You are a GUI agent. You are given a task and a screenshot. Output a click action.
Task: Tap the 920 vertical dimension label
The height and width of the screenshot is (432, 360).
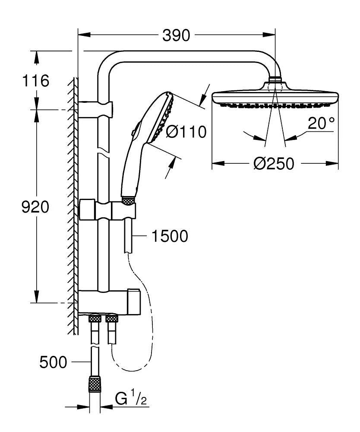coord(35,207)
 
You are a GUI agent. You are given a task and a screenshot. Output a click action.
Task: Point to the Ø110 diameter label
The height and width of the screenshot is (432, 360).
coord(186,131)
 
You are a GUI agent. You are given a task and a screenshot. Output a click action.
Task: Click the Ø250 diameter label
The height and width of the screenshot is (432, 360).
coord(274,164)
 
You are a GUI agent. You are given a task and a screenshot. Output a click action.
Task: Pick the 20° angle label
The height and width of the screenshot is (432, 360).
coord(321,124)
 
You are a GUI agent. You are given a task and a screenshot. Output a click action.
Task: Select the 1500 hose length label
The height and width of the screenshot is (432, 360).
coord(170,236)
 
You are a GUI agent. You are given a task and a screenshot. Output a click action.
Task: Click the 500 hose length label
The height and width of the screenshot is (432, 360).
coord(53,362)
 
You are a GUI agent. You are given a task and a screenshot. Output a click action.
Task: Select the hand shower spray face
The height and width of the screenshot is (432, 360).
coord(162,118)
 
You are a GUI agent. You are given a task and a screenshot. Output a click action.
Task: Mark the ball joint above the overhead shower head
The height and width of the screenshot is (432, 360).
coord(275,80)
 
